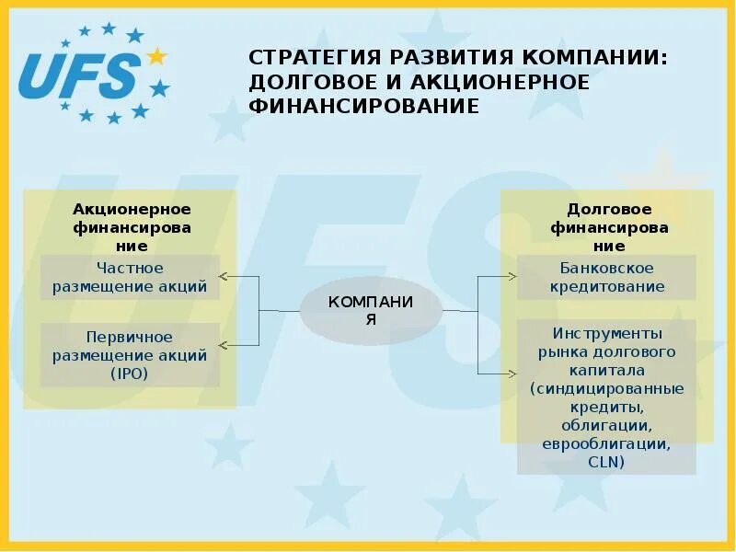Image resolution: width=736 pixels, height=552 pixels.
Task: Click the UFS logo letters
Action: pyautogui.click(x=78, y=75)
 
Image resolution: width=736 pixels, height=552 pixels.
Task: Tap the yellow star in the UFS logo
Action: pyautogui.click(x=157, y=57)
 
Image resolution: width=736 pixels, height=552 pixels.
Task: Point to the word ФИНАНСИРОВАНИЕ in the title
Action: pyautogui.click(x=363, y=106)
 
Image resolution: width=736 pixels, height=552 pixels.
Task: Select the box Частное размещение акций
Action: pyautogui.click(x=130, y=277)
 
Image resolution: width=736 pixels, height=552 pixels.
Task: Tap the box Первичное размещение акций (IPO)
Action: pyautogui.click(x=130, y=354)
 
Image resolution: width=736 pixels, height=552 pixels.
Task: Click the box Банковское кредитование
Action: pyautogui.click(x=606, y=277)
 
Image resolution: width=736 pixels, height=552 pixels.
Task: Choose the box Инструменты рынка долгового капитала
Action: pyautogui.click(x=606, y=397)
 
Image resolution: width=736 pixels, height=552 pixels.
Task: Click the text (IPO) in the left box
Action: pyautogui.click(x=130, y=373)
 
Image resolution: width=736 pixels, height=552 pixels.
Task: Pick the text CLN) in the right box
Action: pyautogui.click(x=606, y=462)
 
